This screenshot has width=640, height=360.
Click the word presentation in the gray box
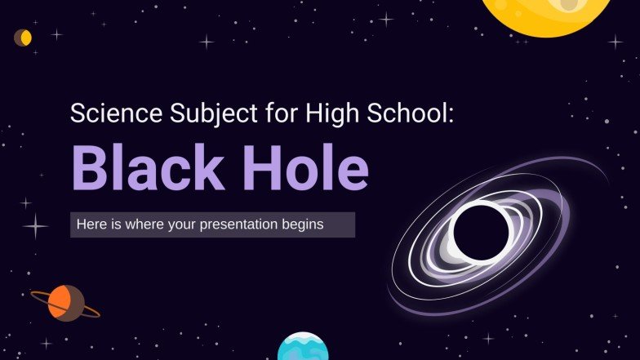251,224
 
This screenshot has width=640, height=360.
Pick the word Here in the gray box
90,224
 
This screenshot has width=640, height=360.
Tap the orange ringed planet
66,303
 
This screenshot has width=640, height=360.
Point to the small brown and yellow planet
23,38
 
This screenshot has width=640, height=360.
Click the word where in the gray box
140,224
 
